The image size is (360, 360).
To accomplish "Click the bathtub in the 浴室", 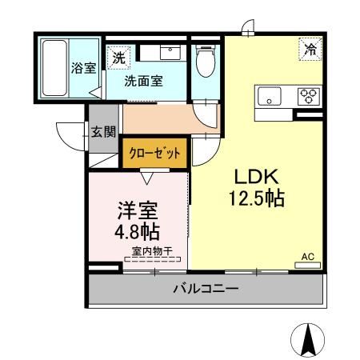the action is (54, 68).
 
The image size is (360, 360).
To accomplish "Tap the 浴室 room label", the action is (83, 68).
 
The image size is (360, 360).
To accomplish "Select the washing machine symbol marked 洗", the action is (118, 58).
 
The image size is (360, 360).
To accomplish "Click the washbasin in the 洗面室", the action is (170, 53).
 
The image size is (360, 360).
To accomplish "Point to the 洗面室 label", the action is (143, 81).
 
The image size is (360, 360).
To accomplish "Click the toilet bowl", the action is (206, 62).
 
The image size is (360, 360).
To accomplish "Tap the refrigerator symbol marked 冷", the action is (310, 50).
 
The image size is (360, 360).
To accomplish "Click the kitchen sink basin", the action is (270, 96).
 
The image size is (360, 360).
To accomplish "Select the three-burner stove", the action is (309, 96).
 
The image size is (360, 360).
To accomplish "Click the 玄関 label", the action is (103, 131).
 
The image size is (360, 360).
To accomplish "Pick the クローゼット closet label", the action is (154, 153).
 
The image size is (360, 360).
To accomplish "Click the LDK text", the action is (256, 177).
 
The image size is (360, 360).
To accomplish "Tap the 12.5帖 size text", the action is (257, 198).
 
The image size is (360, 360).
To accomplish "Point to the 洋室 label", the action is (138, 210).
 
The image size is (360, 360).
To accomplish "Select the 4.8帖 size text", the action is (137, 231).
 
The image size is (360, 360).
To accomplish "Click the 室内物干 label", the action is (152, 251).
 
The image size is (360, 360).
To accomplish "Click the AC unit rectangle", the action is (307, 266).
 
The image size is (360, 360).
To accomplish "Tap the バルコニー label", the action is (206, 289).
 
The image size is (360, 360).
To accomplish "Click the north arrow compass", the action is (307, 340).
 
